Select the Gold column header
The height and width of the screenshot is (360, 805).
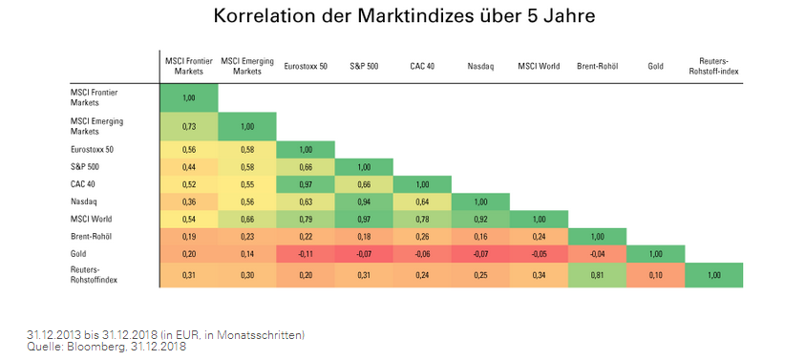coord(655,67)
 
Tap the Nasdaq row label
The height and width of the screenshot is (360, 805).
coord(83,201)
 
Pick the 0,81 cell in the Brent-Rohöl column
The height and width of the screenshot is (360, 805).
coord(597,275)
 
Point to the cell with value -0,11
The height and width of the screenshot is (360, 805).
coord(306,253)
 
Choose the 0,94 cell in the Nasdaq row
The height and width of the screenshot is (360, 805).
coord(364,201)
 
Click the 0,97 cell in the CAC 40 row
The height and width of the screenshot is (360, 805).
coord(306,184)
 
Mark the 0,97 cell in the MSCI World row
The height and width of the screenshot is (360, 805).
coord(364,219)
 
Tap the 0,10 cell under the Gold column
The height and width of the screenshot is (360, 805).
coord(655,275)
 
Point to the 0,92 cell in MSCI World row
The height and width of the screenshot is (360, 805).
coord(480,219)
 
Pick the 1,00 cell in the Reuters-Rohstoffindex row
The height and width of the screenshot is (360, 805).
coord(713,275)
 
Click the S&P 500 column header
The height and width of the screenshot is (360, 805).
coord(364,67)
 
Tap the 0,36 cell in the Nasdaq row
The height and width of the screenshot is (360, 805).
coord(188,201)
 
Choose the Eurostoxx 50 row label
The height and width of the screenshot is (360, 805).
coord(93,150)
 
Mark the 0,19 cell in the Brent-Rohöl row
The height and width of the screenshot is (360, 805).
coord(188,236)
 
